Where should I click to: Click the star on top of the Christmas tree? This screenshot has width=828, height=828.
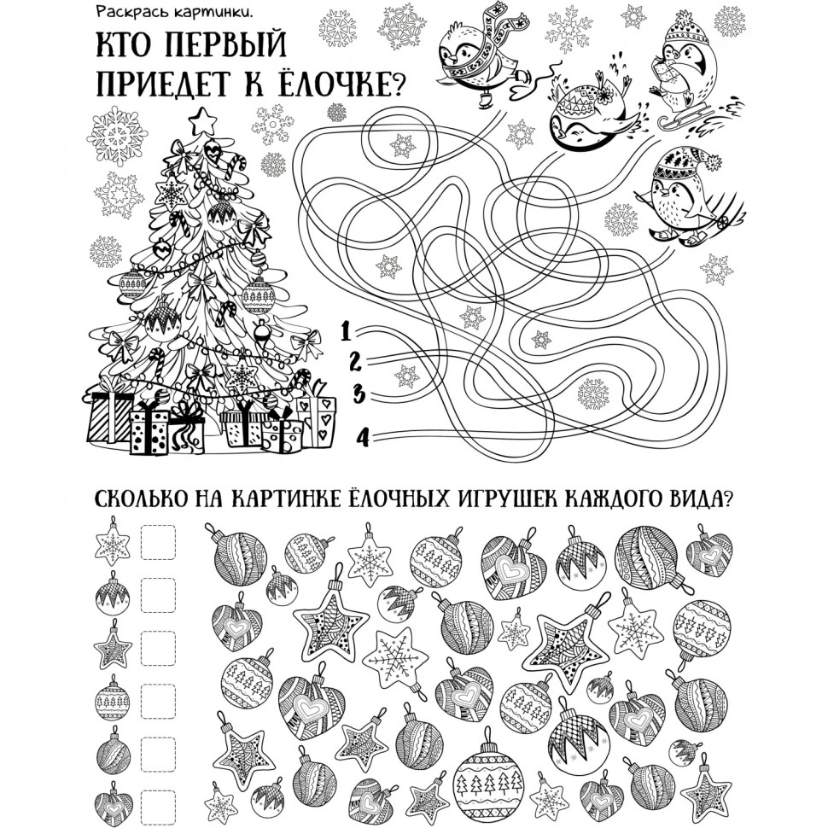point(203,121)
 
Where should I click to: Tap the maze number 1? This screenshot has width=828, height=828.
point(346,330)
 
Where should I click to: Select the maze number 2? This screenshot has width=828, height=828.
point(355,362)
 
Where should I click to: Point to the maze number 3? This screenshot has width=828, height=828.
point(359,394)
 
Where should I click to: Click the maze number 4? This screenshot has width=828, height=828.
point(364,437)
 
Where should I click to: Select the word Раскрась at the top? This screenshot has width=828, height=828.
point(122,13)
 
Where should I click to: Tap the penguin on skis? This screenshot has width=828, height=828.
point(686,198)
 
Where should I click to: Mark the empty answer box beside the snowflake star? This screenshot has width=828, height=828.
point(158,541)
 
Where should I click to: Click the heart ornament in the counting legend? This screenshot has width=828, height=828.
point(113,802)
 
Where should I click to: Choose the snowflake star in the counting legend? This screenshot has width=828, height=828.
point(112,541)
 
